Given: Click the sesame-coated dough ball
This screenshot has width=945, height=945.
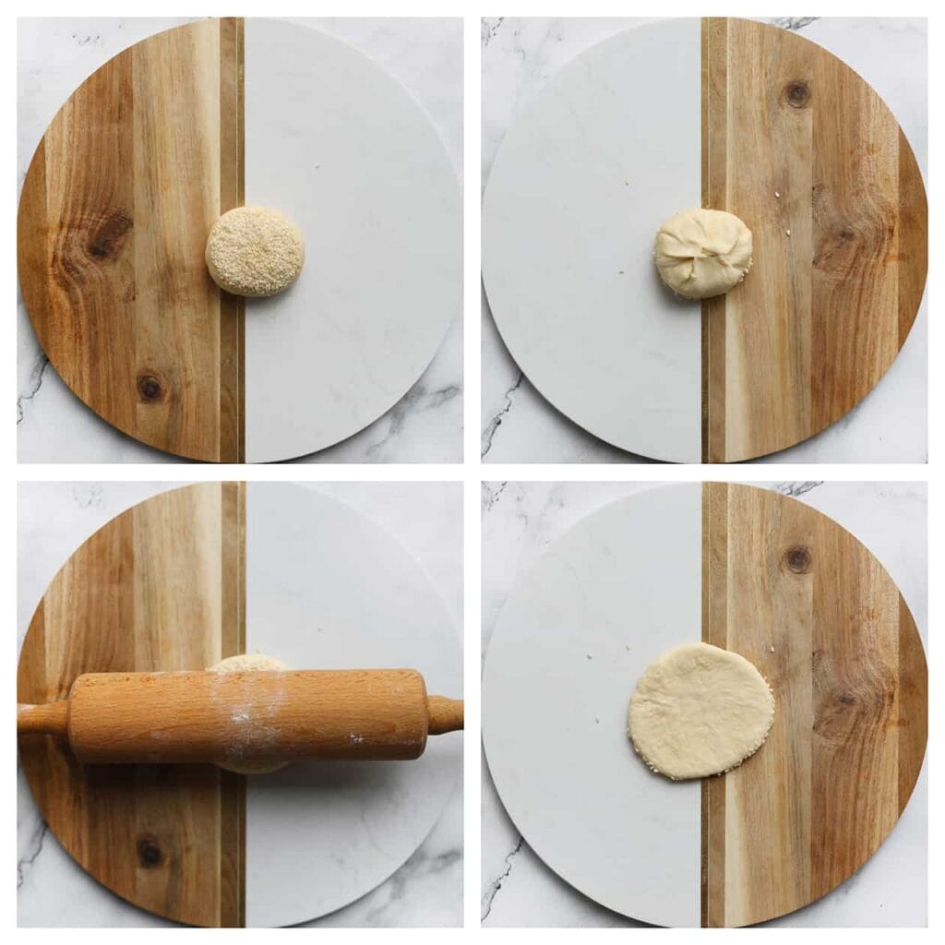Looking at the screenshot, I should [255, 251].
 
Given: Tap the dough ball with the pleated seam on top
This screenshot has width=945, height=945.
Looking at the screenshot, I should [703, 253].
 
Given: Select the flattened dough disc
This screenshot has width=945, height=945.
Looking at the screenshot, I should [700, 711].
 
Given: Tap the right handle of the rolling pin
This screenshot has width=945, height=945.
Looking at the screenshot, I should [445, 714].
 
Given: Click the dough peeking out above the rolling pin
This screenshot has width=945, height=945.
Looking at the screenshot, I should [247, 663].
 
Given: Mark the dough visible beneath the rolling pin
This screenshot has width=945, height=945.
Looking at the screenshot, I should [251, 766].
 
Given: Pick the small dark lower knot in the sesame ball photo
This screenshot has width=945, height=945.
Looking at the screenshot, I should [149, 388].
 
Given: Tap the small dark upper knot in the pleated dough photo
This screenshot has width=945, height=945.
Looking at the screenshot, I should [796, 93].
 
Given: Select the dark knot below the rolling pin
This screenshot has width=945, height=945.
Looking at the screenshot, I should [149, 851].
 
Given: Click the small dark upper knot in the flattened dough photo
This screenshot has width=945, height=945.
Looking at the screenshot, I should [796, 558].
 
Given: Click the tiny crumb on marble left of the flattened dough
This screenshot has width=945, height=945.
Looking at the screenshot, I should [588, 657].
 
